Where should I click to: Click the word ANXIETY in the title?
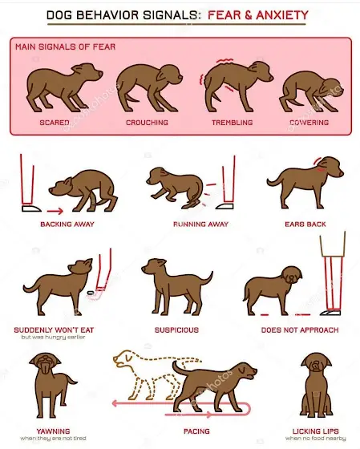point(282,15)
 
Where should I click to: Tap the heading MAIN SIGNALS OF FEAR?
point(65,47)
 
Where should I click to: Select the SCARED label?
point(55,123)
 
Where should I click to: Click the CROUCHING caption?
point(148,123)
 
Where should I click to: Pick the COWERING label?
point(309,123)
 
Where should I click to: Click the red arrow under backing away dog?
point(55,212)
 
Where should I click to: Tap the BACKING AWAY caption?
point(67,224)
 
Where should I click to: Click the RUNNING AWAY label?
point(200,224)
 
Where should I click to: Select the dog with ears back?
point(305,183)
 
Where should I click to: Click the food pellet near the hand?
point(91,293)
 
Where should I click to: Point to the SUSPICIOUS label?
point(176,330)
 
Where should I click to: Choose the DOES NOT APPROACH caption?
point(300,330)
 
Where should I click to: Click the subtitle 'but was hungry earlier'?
point(53,337)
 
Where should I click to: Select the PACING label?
point(196,431)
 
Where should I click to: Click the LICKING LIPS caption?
point(316,431)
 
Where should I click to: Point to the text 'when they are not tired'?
point(53,439)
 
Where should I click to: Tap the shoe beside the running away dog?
point(224,206)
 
